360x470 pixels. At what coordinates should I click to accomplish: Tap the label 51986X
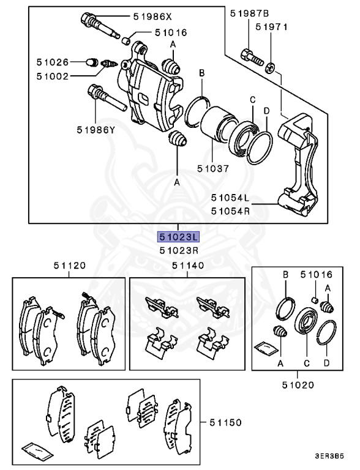153,17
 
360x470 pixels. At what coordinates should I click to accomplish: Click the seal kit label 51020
298,385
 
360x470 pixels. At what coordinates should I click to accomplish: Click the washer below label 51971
269,65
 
